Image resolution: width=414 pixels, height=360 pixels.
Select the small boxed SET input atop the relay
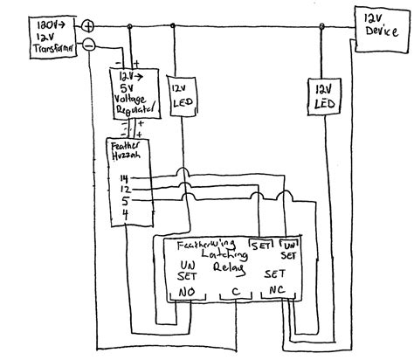click(259, 246)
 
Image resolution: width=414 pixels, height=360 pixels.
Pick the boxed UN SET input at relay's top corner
click(287, 250)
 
